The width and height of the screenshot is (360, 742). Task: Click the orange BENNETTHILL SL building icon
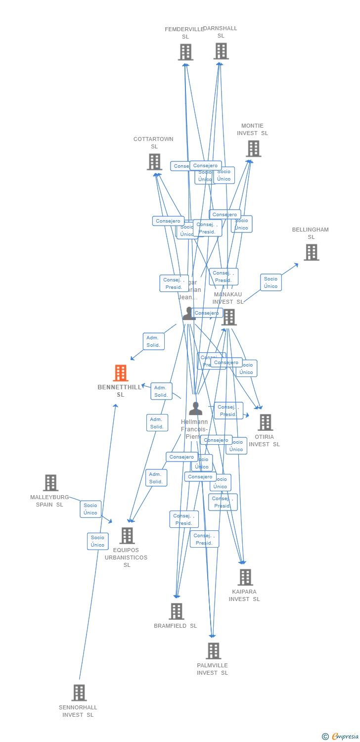click(121, 373)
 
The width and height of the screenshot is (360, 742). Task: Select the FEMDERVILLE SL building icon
click(185, 52)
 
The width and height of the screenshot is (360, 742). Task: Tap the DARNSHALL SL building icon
click(221, 51)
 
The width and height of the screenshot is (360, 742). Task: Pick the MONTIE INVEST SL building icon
click(253, 148)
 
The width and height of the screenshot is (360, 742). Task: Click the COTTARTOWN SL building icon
click(154, 162)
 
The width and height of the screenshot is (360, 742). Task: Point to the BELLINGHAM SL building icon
click(311, 252)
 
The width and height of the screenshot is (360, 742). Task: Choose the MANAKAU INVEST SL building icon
click(229, 317)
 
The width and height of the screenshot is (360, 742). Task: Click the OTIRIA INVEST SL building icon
click(265, 422)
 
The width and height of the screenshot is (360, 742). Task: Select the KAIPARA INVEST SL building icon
click(245, 577)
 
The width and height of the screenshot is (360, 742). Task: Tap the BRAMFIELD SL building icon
click(177, 611)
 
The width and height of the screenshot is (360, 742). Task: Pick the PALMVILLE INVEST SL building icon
click(213, 651)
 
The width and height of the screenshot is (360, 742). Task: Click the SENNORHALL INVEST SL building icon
click(79, 693)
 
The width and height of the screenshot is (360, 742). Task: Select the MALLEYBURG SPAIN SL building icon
click(50, 483)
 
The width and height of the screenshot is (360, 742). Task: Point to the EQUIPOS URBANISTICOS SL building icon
click(127, 536)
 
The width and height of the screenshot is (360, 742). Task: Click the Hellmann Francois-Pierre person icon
click(196, 409)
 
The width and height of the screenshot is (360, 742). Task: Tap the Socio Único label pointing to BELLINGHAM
click(271, 282)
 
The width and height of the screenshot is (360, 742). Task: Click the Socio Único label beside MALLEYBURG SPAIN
click(90, 509)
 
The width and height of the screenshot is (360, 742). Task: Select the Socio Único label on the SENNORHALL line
click(98, 541)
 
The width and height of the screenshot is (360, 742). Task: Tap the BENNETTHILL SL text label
click(120, 391)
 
